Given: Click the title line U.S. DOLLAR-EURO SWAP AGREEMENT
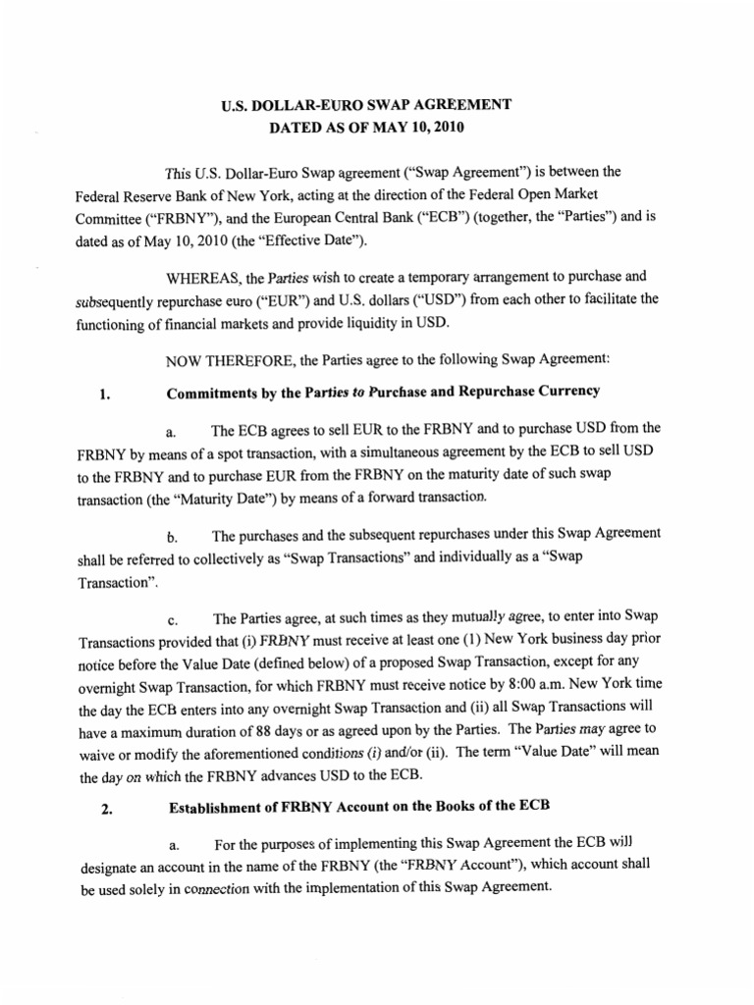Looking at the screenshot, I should point(377,105).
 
